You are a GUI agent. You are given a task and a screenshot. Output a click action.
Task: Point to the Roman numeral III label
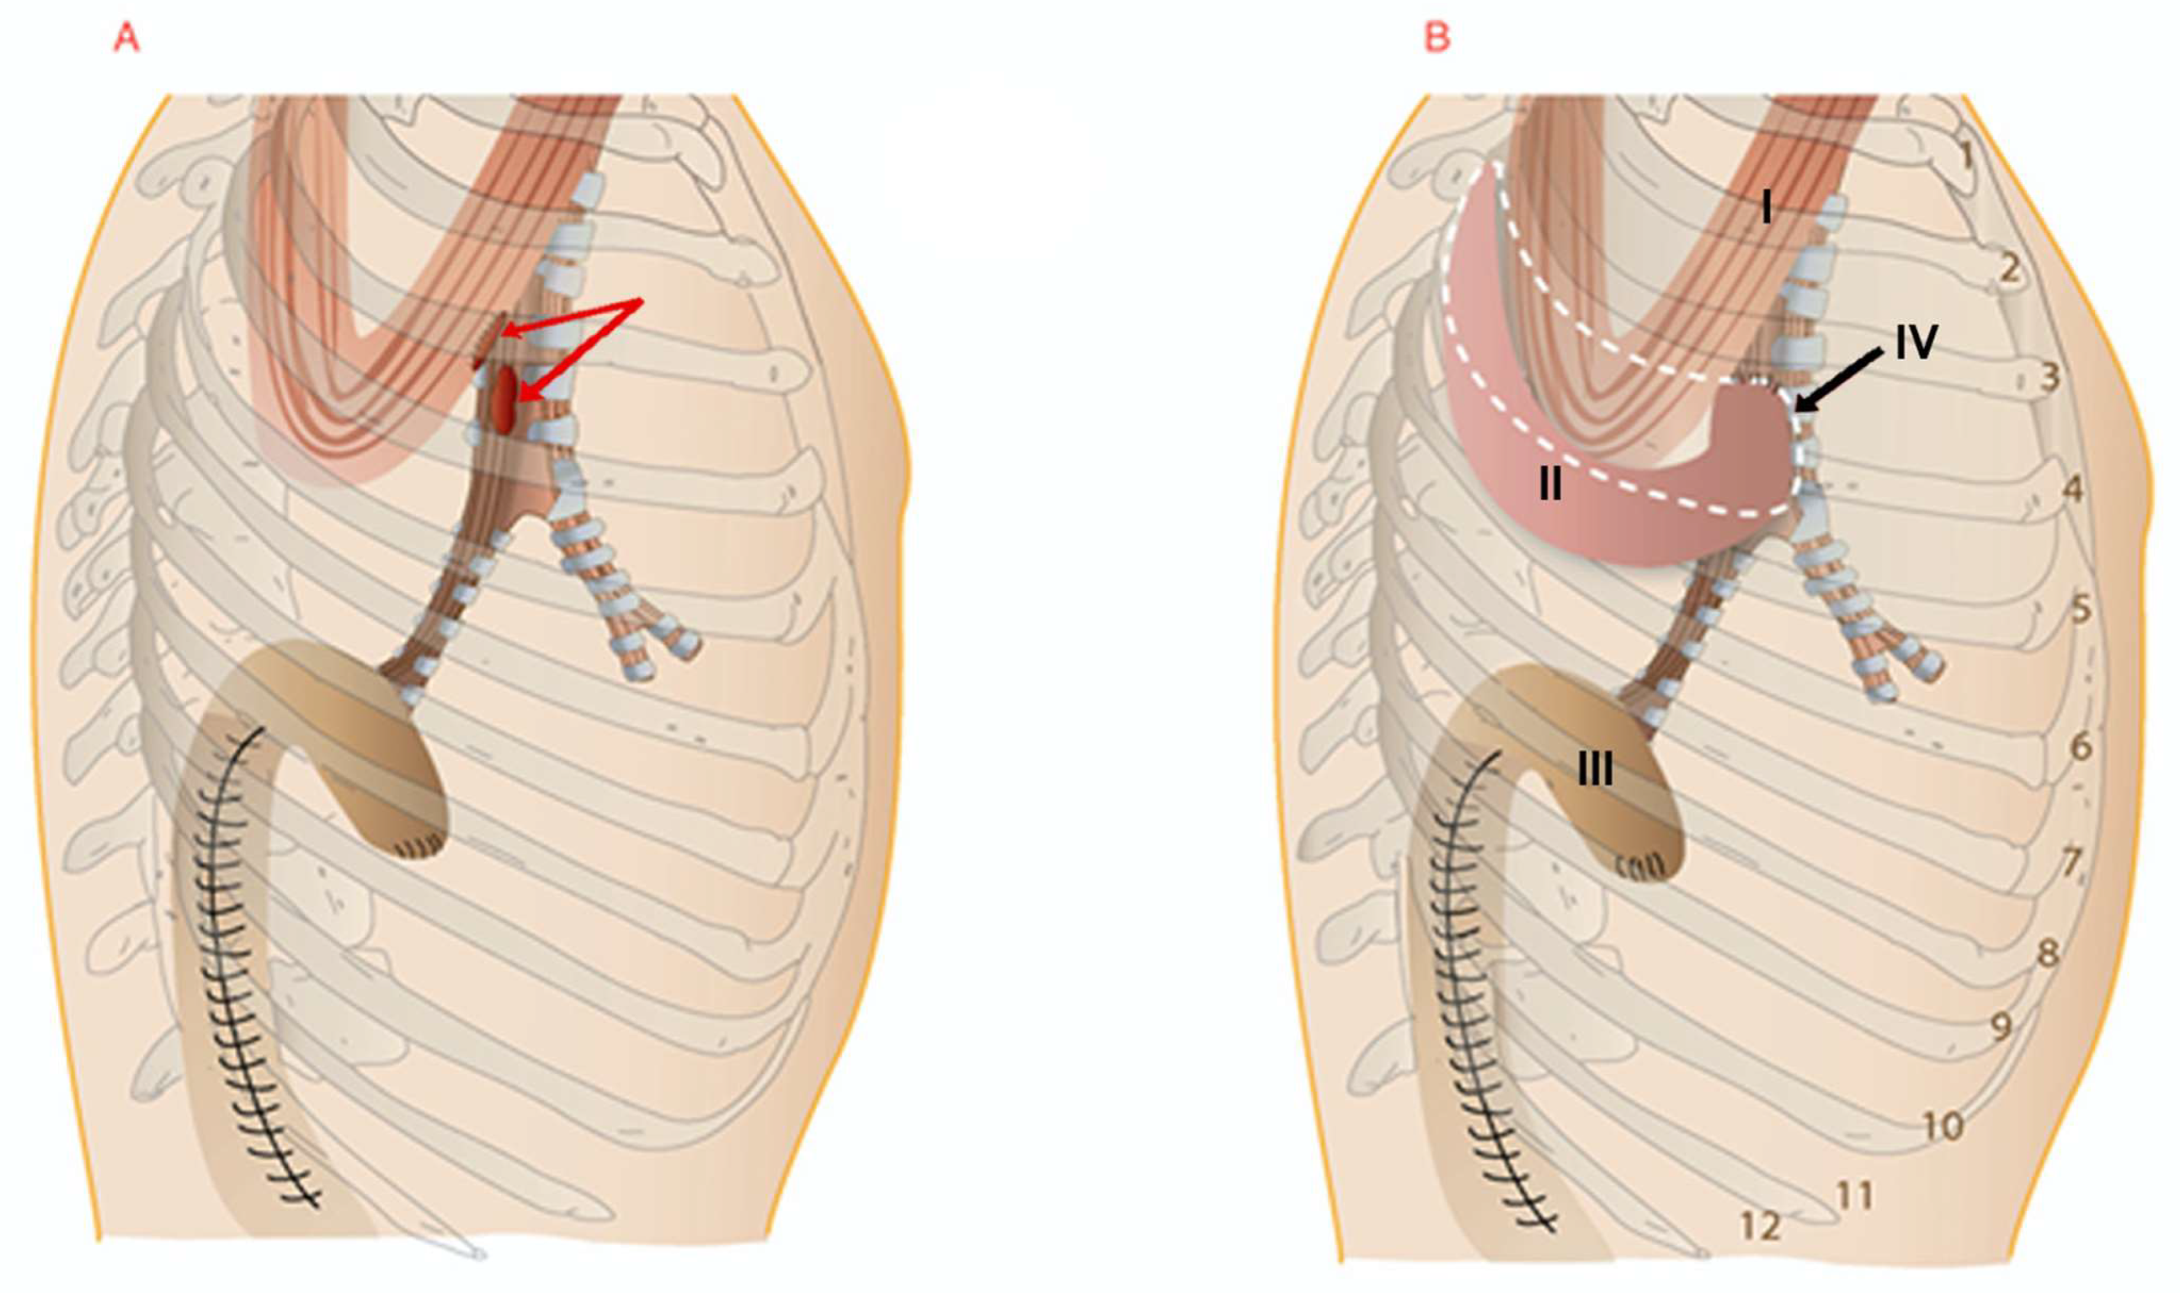(x=1595, y=769)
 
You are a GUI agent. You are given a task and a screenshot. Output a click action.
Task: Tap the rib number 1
(x=1966, y=155)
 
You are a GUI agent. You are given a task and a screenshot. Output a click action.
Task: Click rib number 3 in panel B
(x=2049, y=377)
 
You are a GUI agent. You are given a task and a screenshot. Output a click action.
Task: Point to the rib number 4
(x=2073, y=489)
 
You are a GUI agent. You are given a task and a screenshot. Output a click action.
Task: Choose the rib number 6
(x=2080, y=746)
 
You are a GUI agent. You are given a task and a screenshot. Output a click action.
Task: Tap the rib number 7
(x=2071, y=863)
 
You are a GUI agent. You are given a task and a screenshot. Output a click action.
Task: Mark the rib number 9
(x=2002, y=1026)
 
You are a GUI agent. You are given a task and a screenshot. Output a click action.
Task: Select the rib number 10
(x=1942, y=1127)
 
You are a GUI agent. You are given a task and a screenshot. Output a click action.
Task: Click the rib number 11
(x=1854, y=1195)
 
